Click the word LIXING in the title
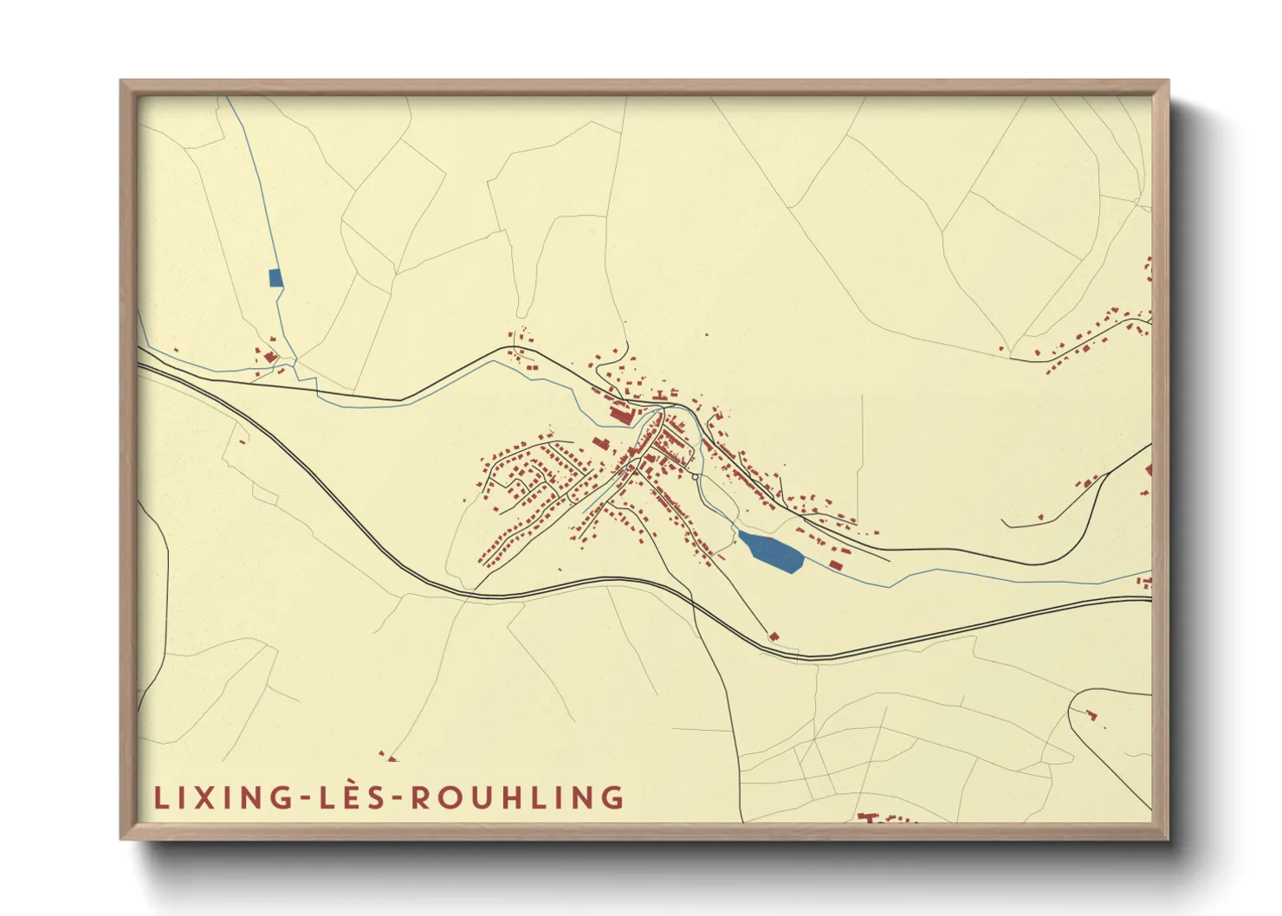click(223, 797)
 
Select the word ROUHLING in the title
click(517, 797)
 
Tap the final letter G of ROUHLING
click(613, 797)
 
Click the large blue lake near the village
click(770, 552)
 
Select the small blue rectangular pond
click(275, 278)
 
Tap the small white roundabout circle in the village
click(695, 476)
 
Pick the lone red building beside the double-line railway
click(774, 636)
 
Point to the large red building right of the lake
click(836, 565)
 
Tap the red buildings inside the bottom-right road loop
click(1091, 715)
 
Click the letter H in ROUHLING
click(519, 797)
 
